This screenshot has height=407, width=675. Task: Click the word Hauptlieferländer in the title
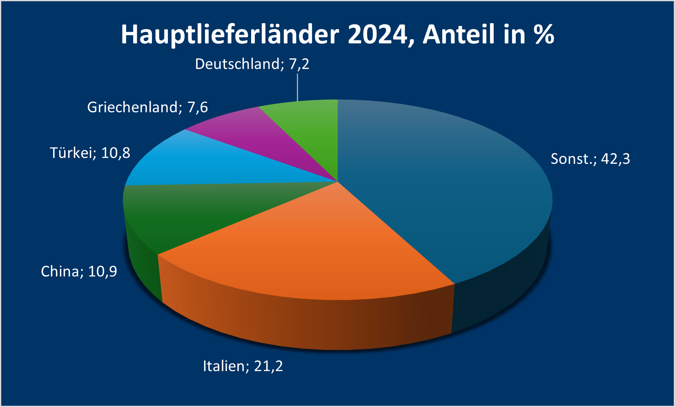[230, 35]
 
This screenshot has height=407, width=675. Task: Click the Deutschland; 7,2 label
[252, 64]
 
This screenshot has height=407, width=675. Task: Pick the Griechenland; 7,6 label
[147, 107]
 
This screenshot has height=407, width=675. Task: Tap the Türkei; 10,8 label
[90, 153]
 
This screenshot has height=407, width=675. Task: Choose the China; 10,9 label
[79, 271]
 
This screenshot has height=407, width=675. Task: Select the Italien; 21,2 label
[243, 366]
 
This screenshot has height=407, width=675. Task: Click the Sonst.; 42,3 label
[590, 159]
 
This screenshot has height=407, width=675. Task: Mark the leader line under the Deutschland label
[298, 87]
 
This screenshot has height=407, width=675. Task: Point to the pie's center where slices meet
[338, 181]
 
